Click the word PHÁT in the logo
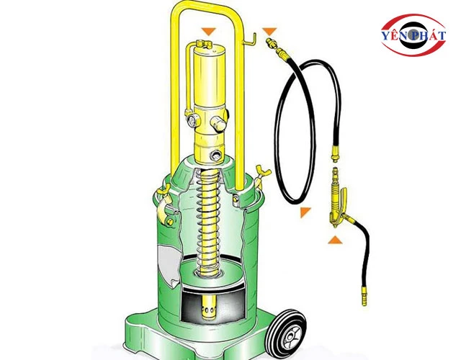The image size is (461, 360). pos(427,36)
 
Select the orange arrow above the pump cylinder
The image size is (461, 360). pos(208,31)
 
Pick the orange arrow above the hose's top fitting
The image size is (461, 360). pos(269,31)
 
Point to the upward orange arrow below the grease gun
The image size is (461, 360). pos(335,240)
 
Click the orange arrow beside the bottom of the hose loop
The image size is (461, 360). pos(305,212)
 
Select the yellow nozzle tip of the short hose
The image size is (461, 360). pos(364,297)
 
